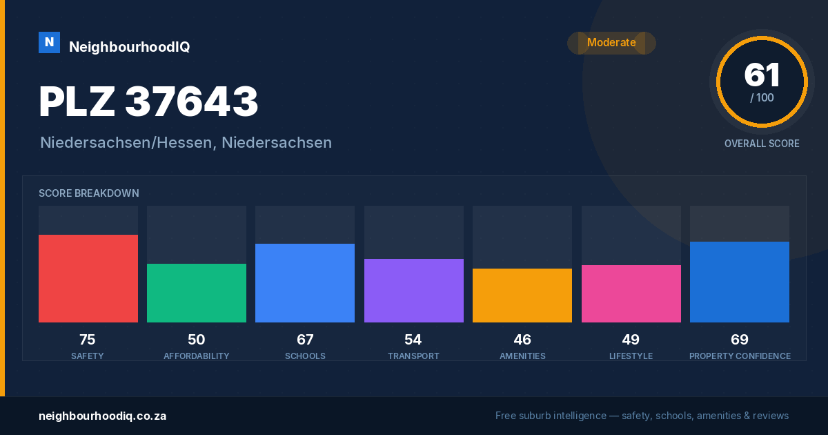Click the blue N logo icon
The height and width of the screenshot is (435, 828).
click(49, 43)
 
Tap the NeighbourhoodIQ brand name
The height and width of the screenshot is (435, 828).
click(130, 47)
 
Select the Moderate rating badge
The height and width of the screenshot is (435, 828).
click(611, 43)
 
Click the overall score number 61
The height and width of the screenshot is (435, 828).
click(762, 75)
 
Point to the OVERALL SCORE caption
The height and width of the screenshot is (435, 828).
click(762, 144)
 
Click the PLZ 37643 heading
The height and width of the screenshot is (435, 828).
click(148, 101)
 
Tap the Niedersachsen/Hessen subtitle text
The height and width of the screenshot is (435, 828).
click(186, 143)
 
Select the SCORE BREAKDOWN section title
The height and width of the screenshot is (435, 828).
click(89, 193)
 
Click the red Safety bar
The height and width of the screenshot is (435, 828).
click(88, 278)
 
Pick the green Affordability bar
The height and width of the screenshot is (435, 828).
click(197, 293)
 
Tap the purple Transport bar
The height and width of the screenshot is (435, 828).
click(413, 291)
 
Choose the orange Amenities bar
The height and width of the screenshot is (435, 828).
click(522, 296)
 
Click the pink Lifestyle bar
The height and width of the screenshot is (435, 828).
click(631, 293)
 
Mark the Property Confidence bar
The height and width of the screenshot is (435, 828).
click(740, 282)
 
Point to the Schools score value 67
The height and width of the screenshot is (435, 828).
click(305, 340)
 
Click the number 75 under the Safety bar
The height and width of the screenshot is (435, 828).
click(88, 340)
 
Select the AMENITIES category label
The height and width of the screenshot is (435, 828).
click(522, 356)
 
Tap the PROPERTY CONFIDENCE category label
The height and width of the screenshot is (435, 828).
click(740, 356)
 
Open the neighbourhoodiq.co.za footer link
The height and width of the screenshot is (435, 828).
click(103, 416)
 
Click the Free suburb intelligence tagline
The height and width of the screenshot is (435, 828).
click(642, 416)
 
